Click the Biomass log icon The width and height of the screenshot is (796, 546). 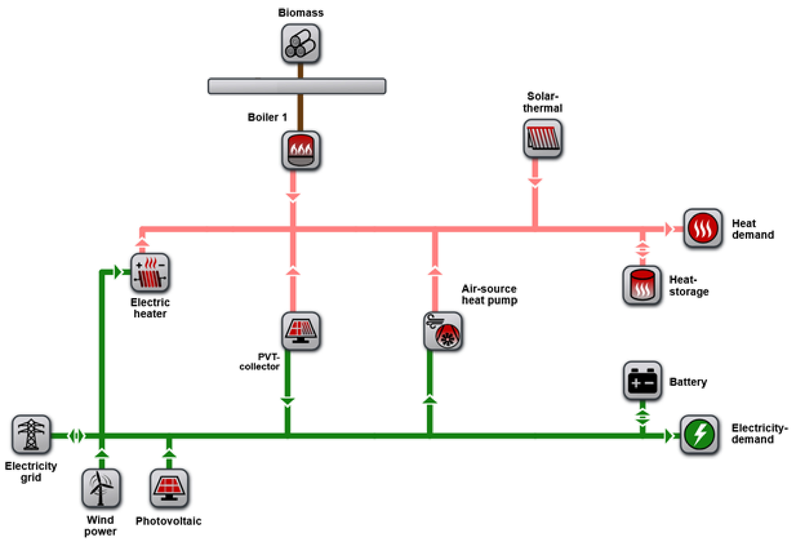300,44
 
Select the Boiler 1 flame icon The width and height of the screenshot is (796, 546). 300,150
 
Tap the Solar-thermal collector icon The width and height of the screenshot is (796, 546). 542,139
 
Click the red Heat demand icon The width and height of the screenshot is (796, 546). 703,228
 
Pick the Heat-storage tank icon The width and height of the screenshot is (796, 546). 642,285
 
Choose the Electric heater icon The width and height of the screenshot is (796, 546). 150,273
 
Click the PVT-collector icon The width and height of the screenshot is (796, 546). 300,331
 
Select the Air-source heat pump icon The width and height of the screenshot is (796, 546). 443,331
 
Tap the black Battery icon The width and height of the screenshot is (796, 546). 642,381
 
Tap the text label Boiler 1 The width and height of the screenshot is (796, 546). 267,117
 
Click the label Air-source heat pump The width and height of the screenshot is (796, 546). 489,294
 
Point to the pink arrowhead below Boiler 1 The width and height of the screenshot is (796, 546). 293,197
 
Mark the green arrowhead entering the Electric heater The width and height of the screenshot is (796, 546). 117,272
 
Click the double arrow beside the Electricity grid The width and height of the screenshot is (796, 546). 76,436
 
